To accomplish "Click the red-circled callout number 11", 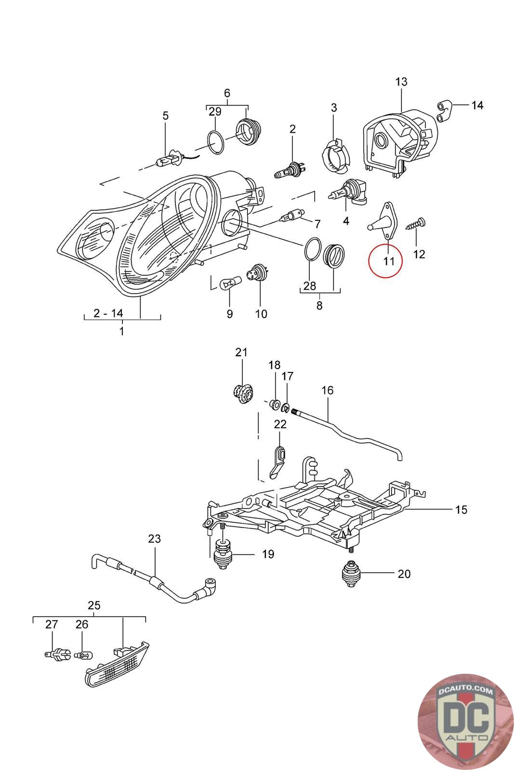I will pyautogui.click(x=388, y=261).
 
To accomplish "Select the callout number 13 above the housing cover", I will pyautogui.click(x=401, y=82).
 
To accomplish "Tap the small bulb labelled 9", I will pyautogui.click(x=228, y=283).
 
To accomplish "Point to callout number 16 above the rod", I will pyautogui.click(x=327, y=390).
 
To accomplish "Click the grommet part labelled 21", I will pyautogui.click(x=242, y=394).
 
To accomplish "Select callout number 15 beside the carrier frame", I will pyautogui.click(x=461, y=509).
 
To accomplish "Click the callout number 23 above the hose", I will pyautogui.click(x=154, y=539).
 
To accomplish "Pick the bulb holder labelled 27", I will pyautogui.click(x=58, y=654).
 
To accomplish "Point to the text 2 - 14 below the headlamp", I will pyautogui.click(x=108, y=313).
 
